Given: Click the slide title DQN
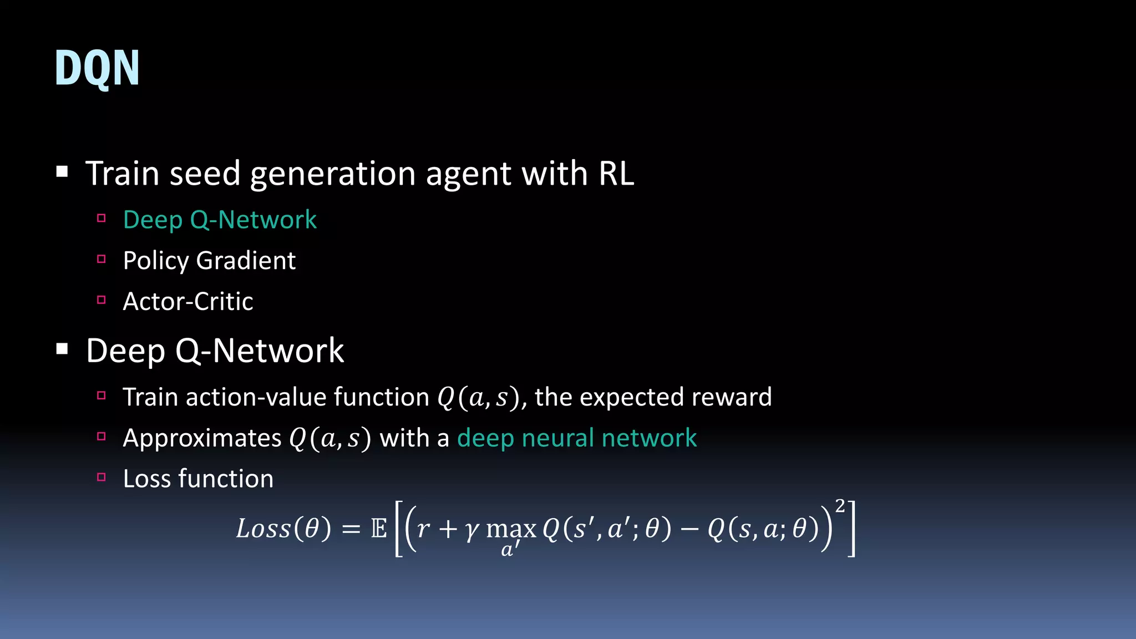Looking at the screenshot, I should tap(97, 68).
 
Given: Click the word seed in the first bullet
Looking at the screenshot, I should tap(205, 174).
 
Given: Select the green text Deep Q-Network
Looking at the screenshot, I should tap(220, 220).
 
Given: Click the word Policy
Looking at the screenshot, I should tap(156, 261).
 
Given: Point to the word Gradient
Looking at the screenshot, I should tap(246, 261).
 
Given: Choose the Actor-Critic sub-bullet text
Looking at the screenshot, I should tap(188, 302).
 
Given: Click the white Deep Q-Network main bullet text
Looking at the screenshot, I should tap(215, 351).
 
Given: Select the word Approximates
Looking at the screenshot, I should tap(202, 438).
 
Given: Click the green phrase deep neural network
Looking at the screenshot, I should tap(577, 438).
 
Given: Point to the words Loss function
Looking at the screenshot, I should tap(198, 479).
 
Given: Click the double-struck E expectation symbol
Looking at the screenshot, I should tap(379, 529).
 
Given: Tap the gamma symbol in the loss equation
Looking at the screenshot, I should tap(472, 530).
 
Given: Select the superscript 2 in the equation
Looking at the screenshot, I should tap(840, 506).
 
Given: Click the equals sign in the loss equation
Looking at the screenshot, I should tap(351, 529).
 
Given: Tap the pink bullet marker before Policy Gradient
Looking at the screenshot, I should tap(101, 259).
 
